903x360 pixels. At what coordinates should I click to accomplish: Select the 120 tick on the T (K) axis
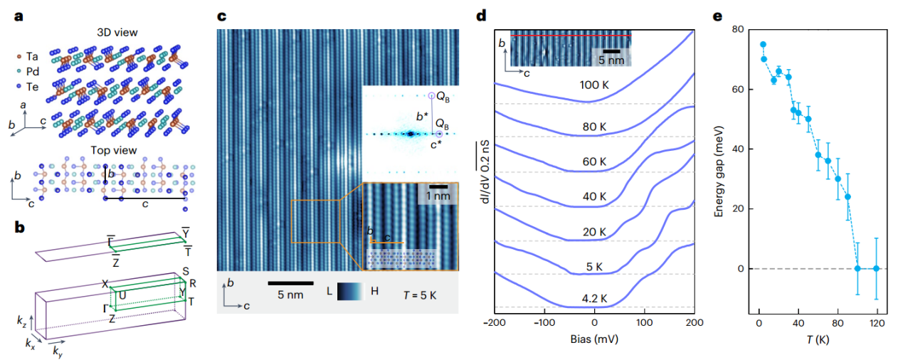click(876, 324)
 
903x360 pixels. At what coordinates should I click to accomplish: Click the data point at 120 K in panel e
click(877, 268)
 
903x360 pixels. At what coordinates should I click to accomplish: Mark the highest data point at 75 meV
click(763, 44)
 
